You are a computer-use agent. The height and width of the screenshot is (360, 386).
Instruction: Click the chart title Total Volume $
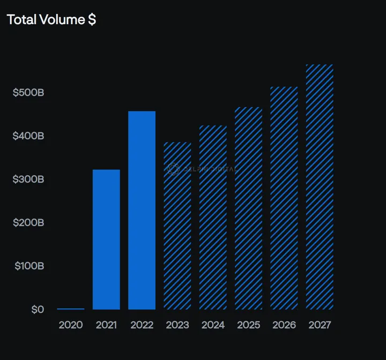coord(51,20)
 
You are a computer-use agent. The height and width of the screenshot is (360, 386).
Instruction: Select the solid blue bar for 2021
coord(106,239)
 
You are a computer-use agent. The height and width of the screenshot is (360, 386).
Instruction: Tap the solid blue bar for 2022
coord(142,210)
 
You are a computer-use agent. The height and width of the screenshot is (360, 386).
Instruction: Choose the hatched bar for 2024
coord(213,217)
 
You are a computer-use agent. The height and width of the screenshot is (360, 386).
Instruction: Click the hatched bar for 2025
coord(248,208)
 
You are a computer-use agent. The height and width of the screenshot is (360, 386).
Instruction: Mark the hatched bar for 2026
coord(284,198)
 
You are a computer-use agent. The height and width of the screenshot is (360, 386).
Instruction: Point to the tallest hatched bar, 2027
coord(320,187)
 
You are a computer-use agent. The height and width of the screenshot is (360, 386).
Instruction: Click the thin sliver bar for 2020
coord(71,309)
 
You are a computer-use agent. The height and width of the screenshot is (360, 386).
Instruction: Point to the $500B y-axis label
coord(28,93)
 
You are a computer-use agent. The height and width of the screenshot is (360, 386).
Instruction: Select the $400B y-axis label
coord(28,136)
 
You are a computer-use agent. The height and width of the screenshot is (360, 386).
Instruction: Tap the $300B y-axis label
coord(28,179)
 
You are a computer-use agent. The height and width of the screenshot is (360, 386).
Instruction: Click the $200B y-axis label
coord(28,223)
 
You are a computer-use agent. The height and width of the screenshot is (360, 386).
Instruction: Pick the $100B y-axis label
coord(28,266)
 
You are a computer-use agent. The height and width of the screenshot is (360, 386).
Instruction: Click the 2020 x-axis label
coord(70,325)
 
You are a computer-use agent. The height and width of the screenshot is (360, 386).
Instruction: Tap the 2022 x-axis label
coord(142,325)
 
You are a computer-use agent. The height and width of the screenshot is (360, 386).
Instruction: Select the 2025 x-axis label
coord(248,325)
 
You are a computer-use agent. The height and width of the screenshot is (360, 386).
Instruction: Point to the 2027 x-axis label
coord(320,325)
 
